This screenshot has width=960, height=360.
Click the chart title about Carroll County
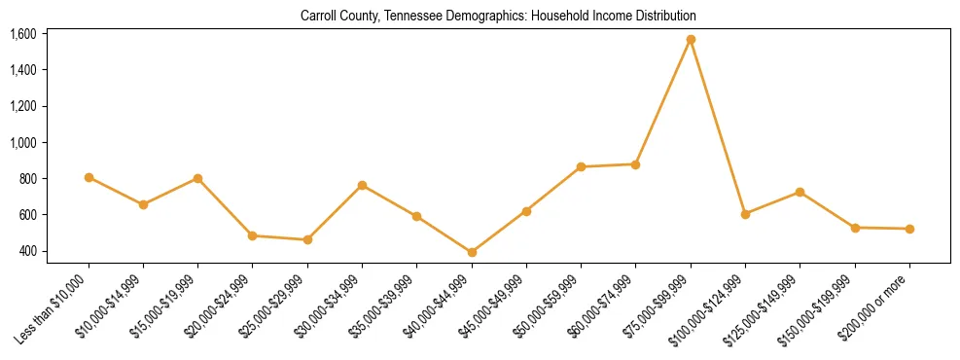[x=499, y=17]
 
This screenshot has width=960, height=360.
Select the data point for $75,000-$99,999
[x=691, y=40]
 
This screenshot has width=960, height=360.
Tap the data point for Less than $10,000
[x=89, y=177]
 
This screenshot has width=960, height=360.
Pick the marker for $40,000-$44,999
[x=472, y=252]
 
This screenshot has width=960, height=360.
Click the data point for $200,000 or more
[x=909, y=229]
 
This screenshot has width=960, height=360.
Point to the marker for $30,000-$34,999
[x=362, y=185]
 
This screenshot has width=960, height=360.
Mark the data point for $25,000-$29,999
[x=307, y=239]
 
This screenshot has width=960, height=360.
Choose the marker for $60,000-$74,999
[x=635, y=164]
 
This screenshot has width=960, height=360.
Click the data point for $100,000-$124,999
[x=745, y=214]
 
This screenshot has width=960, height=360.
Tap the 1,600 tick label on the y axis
[x=23, y=34]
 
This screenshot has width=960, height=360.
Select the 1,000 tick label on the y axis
[x=23, y=142]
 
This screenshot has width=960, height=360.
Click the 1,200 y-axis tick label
[x=23, y=106]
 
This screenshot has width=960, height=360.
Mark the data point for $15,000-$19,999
[x=197, y=178]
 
